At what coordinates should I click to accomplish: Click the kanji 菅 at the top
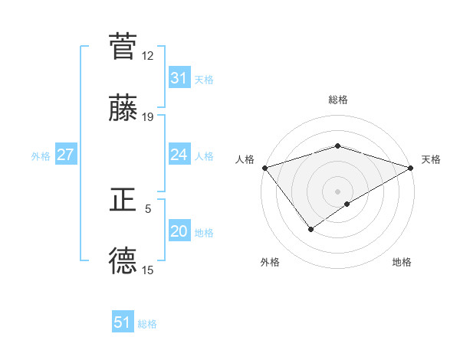123,46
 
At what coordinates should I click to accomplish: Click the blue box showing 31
179,78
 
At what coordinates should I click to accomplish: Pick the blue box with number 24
179,155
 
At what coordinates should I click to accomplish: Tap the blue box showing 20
179,231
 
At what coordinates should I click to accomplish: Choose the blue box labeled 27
65,155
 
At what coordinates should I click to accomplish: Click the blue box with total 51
123,322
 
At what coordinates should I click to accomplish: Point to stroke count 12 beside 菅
148,56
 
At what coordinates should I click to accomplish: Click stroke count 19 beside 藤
148,117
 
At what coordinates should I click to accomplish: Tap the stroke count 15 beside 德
148,270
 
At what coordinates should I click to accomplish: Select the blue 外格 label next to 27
41,155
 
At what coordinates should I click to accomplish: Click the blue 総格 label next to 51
147,324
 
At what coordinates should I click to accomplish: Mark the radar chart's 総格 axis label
337,100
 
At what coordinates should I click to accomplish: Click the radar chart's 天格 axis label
431,159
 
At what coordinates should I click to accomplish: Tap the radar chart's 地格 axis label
402,262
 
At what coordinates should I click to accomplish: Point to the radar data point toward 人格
264,168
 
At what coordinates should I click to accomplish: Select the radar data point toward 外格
310,228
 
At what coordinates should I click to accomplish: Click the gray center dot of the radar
337,191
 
